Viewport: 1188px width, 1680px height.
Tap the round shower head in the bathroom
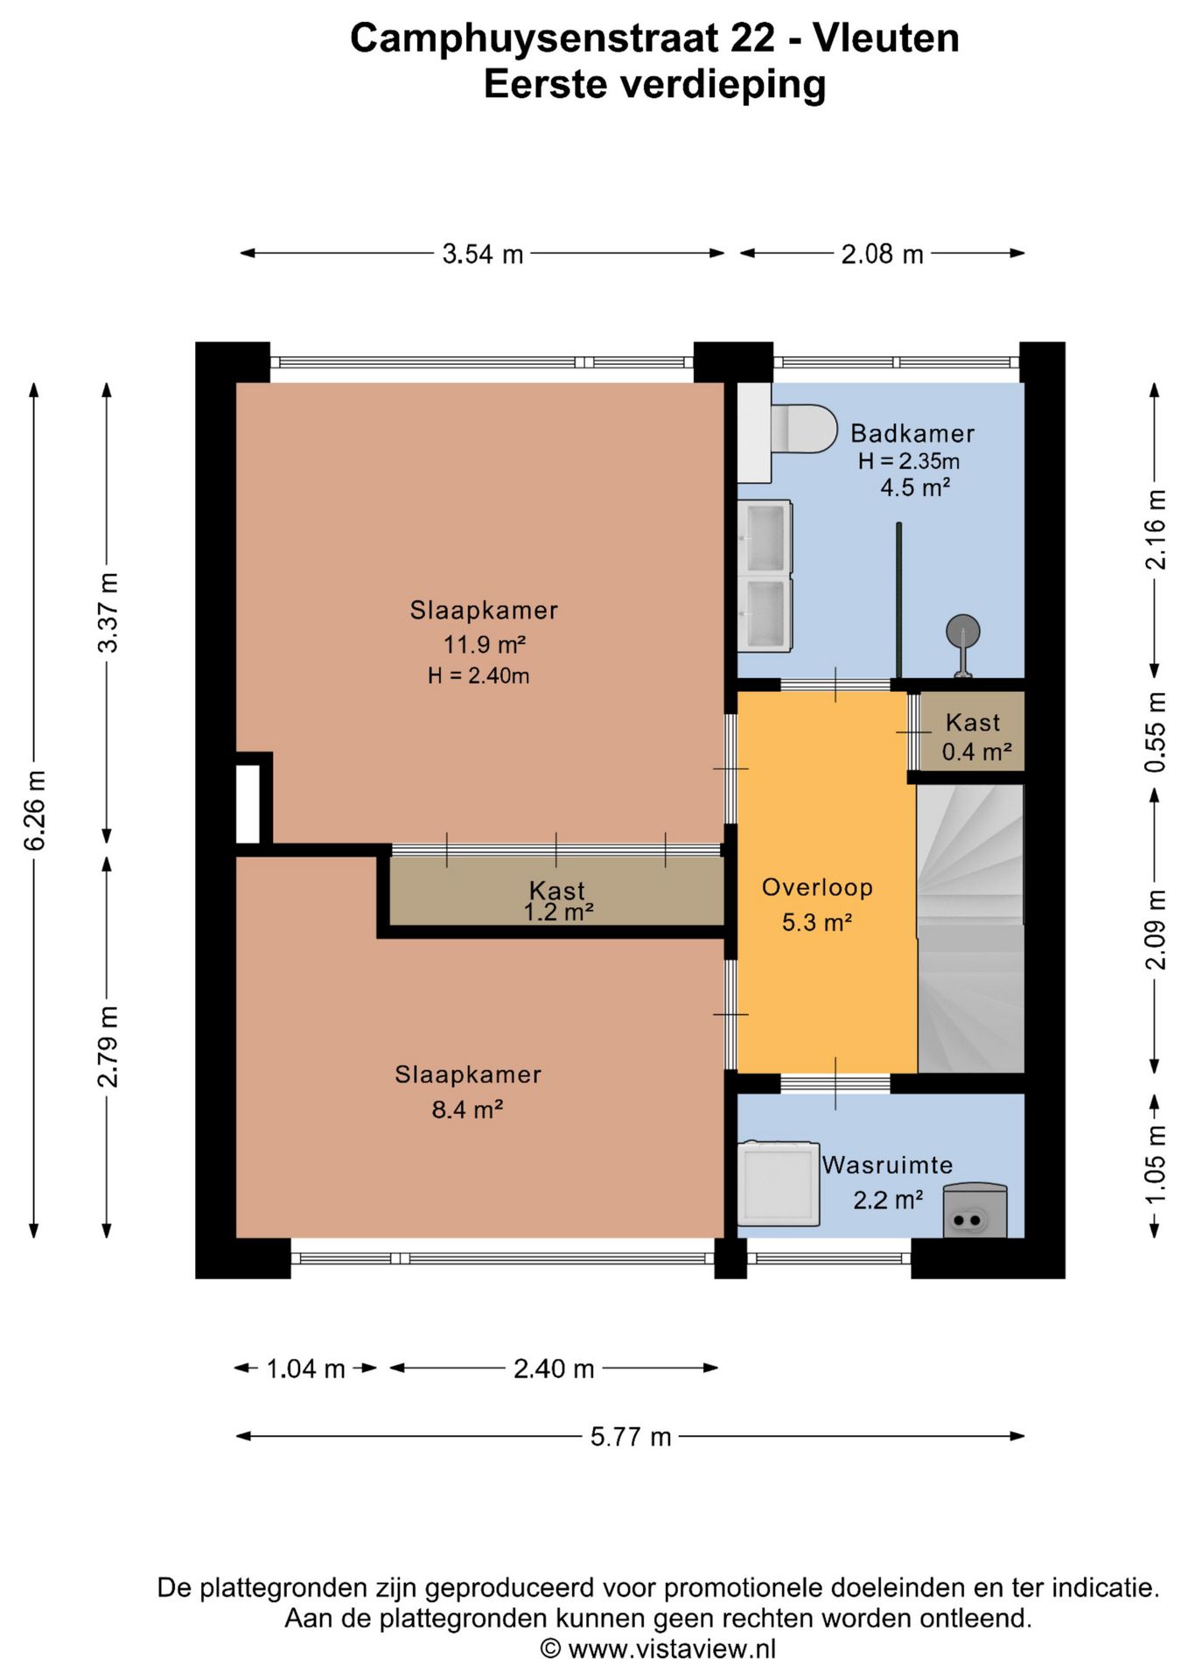[x=962, y=631]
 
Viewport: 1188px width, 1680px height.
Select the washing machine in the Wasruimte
[x=779, y=1183]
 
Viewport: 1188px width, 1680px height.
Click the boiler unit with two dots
[x=975, y=1211]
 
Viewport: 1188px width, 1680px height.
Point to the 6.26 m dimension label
[x=35, y=810]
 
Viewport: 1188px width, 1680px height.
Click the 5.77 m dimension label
[x=631, y=1437]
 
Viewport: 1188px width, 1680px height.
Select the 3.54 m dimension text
[x=483, y=254]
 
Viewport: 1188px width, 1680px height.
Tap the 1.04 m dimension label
[x=305, y=1368]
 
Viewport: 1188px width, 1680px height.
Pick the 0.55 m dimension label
[x=1156, y=731]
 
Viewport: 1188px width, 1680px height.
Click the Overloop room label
[x=817, y=887]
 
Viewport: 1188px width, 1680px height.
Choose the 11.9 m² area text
[x=484, y=645]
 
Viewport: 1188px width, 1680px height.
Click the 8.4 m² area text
[x=467, y=1109]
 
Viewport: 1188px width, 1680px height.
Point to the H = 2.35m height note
[x=908, y=461]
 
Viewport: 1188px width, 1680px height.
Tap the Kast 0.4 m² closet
[x=972, y=731]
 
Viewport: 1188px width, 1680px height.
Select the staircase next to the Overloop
[x=970, y=928]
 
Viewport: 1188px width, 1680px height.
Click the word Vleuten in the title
[x=886, y=38]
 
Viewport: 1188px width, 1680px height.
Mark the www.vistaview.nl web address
[x=672, y=1649]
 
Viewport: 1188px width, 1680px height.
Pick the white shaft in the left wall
[x=248, y=804]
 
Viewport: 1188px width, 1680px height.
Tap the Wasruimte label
[x=887, y=1165]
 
